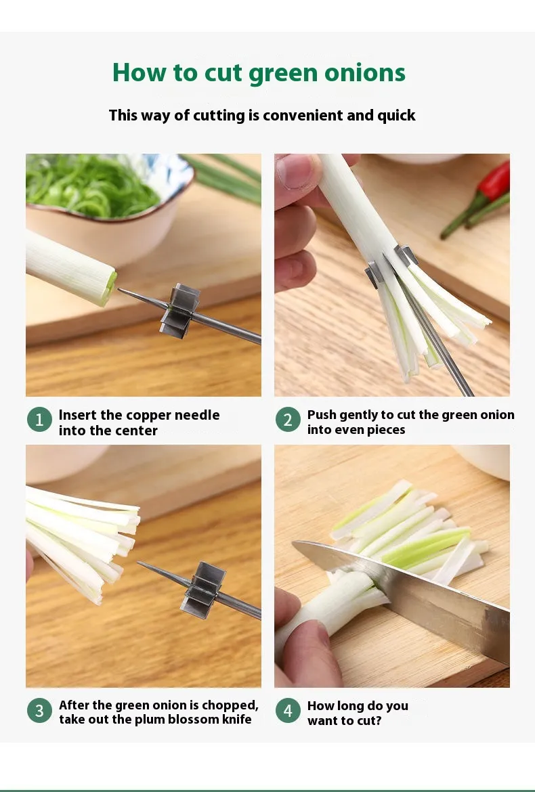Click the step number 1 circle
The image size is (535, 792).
(x=39, y=419)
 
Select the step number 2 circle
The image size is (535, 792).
(x=288, y=419)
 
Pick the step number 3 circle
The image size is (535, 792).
(x=39, y=711)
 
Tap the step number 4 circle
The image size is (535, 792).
(x=288, y=711)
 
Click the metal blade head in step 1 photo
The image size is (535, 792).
(x=179, y=311)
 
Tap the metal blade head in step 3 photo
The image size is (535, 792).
(x=202, y=590)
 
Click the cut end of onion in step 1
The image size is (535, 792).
(x=109, y=288)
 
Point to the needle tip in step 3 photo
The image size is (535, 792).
(x=138, y=563)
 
